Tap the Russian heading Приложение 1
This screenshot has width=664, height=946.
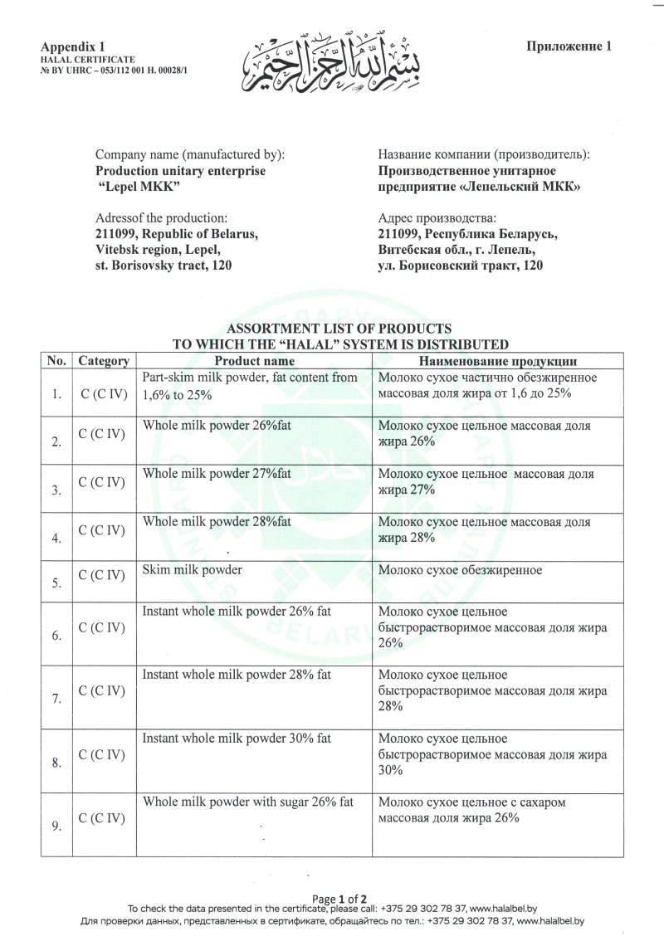pos(569,46)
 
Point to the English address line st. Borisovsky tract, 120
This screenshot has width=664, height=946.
pos(164,266)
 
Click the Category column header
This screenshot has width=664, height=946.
pos(103,361)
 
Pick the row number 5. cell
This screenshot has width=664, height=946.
pos(56,583)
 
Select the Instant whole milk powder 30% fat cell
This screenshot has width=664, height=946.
pos(237,738)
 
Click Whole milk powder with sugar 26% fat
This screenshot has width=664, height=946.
pos(248,802)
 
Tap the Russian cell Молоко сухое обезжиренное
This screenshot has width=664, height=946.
pos(460,570)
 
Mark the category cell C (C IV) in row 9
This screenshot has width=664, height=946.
pos(103,818)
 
